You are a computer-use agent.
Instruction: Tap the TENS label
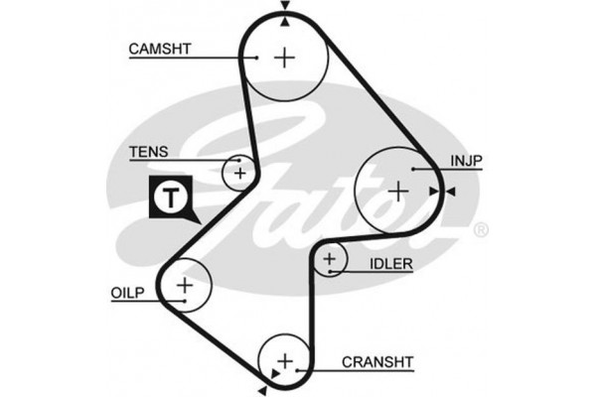click(148, 152)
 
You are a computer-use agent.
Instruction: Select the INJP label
click(467, 160)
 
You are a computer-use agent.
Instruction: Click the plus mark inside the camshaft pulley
click(285, 58)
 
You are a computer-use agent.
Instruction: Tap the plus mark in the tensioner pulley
click(239, 174)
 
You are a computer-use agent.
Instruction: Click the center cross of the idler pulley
click(331, 262)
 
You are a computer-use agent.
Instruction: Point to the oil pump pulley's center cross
click(185, 286)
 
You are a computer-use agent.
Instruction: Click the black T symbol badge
click(172, 198)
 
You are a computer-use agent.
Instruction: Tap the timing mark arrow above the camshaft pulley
click(285, 6)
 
